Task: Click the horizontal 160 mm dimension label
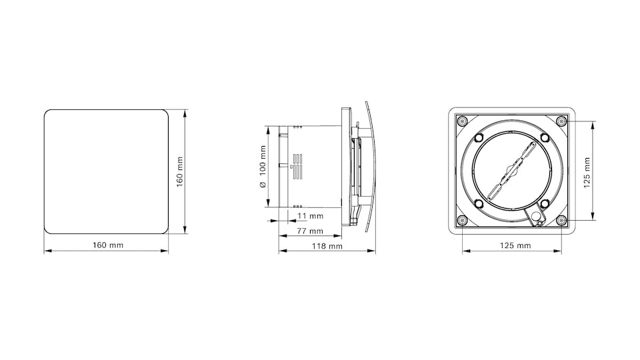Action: coord(107,245)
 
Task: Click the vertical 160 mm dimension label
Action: coord(179,172)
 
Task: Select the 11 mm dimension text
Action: coord(311,216)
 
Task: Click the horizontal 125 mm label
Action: coord(515,245)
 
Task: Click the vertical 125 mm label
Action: coord(587,172)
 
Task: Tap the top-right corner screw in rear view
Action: coord(561,121)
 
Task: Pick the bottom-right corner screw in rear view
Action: coord(561,221)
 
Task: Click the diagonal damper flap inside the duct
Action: coord(511,171)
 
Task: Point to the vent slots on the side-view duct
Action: coord(297,167)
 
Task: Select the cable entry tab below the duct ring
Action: coord(535,217)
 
